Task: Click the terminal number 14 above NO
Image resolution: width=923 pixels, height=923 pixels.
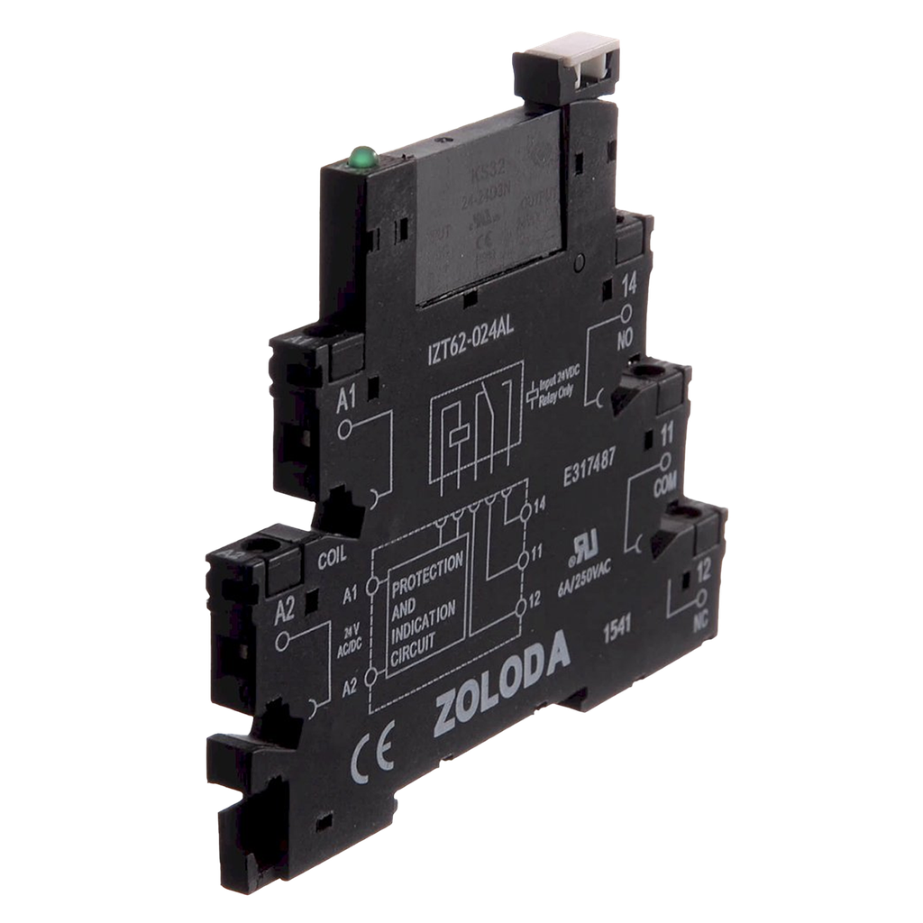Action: [x=629, y=288]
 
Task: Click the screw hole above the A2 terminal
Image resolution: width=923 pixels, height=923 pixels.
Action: [x=267, y=547]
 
